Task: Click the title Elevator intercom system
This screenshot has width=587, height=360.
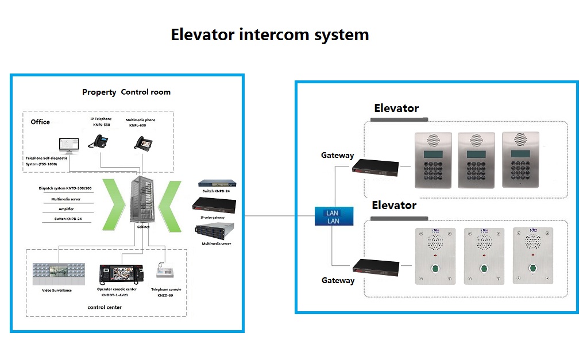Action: [x=270, y=35]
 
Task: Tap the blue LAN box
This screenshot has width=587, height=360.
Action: [x=333, y=216]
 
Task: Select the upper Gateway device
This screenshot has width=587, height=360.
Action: [x=375, y=167]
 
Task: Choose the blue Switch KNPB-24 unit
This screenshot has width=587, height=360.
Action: [x=215, y=184]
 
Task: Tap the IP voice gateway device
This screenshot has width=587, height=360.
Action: [x=215, y=204]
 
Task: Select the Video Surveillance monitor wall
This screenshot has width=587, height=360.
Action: [x=59, y=274]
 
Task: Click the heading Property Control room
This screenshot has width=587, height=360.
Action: [x=126, y=92]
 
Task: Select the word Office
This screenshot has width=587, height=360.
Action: [x=40, y=122]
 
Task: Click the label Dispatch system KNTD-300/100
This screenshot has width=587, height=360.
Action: [x=65, y=188]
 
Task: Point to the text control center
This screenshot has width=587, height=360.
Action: [x=105, y=307]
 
